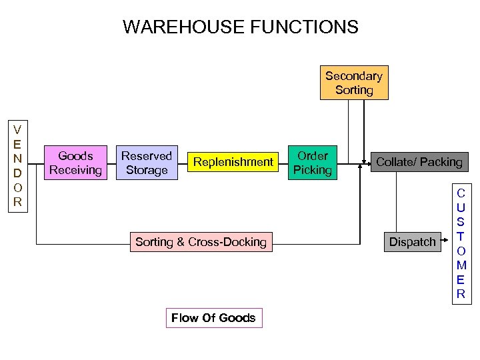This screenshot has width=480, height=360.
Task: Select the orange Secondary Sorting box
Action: [354, 83]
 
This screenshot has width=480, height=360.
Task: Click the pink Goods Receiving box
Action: [75, 163]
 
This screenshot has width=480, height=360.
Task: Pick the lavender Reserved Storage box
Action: [146, 163]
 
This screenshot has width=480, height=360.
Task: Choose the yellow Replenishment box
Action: [233, 162]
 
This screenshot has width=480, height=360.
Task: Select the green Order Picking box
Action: [312, 163]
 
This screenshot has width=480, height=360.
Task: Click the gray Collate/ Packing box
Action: [419, 162]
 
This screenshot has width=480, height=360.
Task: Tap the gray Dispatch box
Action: [412, 242]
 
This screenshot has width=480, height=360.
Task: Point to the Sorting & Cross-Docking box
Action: [201, 242]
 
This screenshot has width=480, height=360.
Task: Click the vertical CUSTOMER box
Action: [460, 243]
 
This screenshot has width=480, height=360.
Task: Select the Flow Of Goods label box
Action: [213, 318]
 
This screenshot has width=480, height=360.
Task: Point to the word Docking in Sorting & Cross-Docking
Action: [245, 242]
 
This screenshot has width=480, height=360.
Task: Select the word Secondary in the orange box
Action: [354, 76]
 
